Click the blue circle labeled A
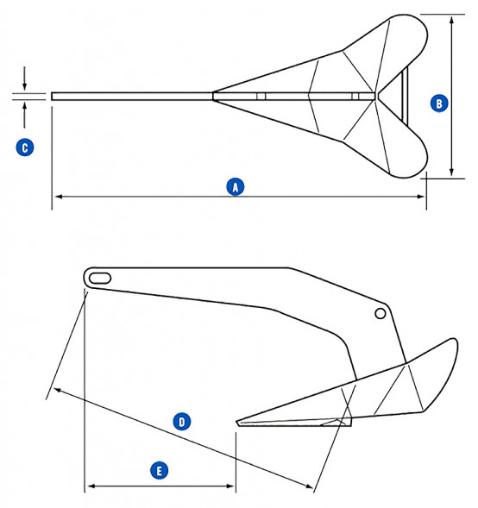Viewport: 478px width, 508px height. [x=234, y=185]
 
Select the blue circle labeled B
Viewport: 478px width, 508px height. [x=438, y=103]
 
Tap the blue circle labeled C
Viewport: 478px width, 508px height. [x=25, y=147]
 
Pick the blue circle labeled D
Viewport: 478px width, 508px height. [x=181, y=421]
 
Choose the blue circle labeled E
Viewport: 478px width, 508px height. [x=159, y=470]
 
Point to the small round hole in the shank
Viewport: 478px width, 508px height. [x=380, y=315]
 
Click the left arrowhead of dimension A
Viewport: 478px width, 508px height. [x=56, y=197]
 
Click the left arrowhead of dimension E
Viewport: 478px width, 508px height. [x=88, y=486]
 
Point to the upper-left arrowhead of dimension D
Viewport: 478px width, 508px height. [x=53, y=391]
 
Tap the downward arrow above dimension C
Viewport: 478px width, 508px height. [x=25, y=89]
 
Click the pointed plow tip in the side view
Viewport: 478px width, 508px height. [x=236, y=422]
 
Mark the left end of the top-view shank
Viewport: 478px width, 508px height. [x=53, y=96]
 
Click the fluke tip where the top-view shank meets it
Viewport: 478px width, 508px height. [x=213, y=95]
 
